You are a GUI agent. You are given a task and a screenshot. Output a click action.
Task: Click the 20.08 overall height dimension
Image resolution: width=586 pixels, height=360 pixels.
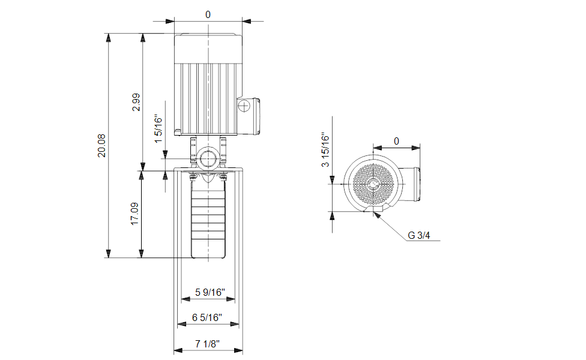coord(101,146)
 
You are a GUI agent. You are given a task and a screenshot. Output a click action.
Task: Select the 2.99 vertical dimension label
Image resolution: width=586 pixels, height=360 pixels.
coord(136,102)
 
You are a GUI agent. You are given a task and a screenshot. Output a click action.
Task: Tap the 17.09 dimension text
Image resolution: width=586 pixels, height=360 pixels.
coord(134,214)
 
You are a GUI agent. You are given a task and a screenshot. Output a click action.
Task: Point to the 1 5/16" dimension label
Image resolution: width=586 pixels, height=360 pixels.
coord(159,129)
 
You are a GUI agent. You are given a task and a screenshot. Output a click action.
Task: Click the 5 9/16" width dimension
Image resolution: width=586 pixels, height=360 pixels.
coord(210,292)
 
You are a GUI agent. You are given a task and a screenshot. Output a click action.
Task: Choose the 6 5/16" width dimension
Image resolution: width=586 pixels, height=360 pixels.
coord(207,317)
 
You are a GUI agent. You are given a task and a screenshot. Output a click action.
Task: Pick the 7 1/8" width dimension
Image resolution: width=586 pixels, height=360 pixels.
coord(207,344)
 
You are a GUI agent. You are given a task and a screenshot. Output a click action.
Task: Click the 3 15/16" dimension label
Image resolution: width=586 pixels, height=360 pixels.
coord(325,149)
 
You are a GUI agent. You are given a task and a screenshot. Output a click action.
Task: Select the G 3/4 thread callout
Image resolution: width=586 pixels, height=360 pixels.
coord(418,235)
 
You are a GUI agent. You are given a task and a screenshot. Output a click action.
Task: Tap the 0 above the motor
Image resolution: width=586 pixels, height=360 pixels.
coord(208,14)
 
